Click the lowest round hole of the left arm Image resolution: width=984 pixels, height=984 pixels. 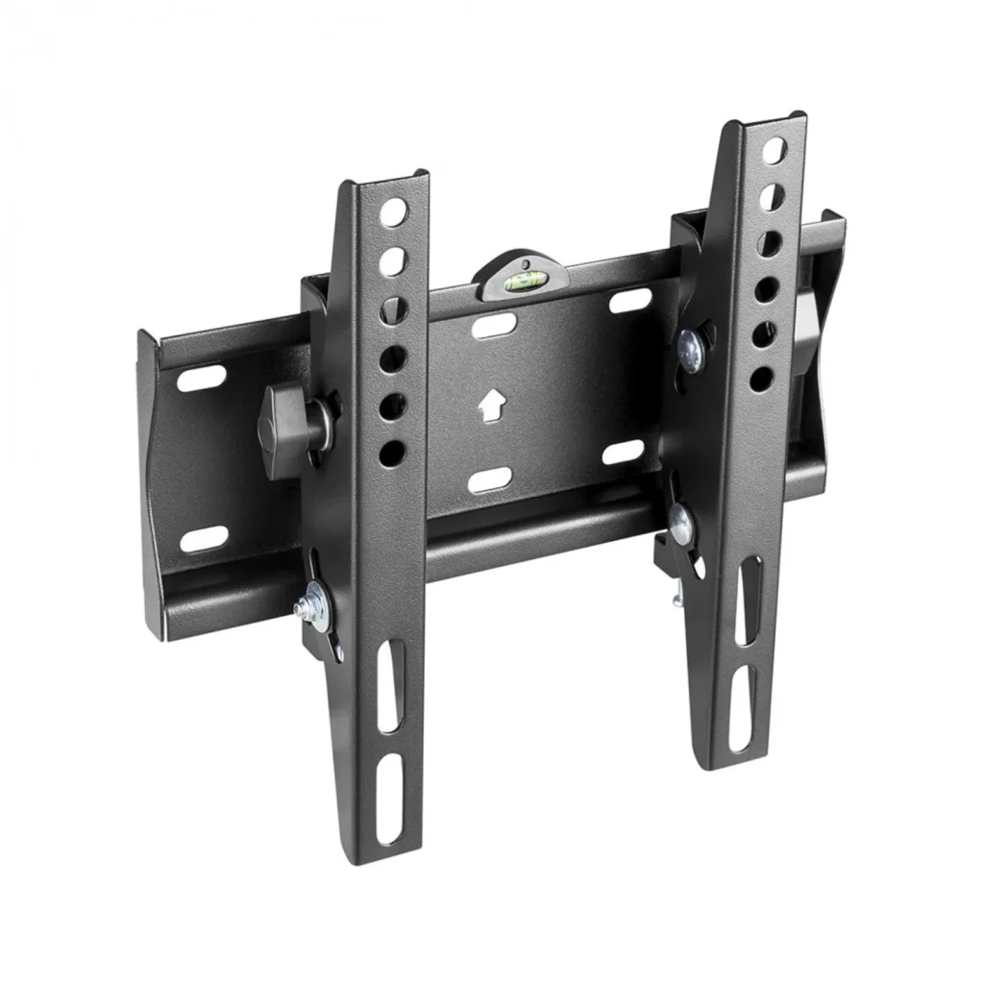click(x=392, y=453)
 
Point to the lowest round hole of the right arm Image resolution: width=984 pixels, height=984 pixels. click(x=761, y=377)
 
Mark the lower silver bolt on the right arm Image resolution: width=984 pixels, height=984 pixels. click(x=681, y=520)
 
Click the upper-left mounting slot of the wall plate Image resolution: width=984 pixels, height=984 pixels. click(x=202, y=378)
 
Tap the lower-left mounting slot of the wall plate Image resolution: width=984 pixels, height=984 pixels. click(x=204, y=539)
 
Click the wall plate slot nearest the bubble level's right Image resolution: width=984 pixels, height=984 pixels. click(x=629, y=300)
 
